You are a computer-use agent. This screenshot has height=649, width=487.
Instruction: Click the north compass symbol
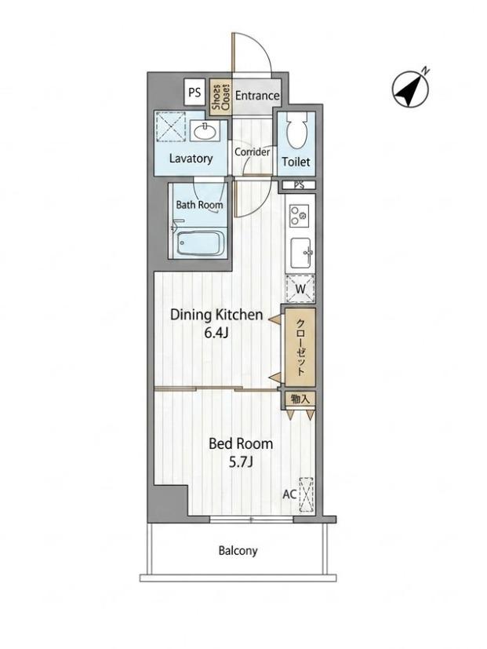tap(410, 88)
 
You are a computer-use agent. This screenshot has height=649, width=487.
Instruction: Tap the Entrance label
tap(257, 96)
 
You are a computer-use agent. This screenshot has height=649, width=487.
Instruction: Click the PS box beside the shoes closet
tap(194, 92)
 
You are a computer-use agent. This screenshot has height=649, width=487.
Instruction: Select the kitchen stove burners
tap(299, 215)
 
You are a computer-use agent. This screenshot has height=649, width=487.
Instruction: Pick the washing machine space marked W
tap(300, 289)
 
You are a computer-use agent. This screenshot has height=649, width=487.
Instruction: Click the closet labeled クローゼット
tap(301, 347)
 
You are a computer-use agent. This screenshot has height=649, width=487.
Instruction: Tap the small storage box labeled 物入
tap(300, 399)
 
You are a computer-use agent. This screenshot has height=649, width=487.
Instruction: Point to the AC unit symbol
tap(306, 494)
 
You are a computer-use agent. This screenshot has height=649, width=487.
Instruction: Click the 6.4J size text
tap(216, 334)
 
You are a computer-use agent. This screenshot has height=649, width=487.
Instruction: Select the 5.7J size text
tap(241, 462)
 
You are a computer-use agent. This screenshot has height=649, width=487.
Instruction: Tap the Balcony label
tap(238, 550)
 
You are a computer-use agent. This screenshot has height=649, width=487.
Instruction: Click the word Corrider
tap(252, 152)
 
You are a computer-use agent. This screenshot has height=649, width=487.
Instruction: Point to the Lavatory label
tap(191, 159)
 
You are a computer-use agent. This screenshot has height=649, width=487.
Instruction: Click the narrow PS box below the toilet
tap(299, 185)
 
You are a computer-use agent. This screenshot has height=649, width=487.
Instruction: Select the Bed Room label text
tap(241, 443)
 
